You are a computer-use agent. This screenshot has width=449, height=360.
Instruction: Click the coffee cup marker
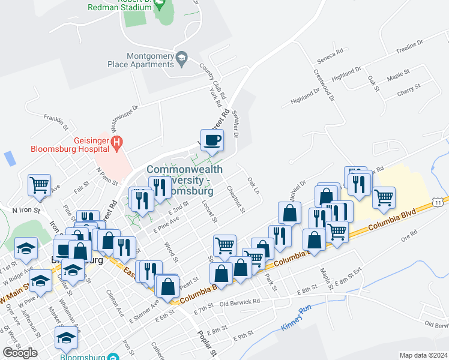click(212, 141)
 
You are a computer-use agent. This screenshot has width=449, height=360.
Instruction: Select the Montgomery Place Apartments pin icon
click(181, 57)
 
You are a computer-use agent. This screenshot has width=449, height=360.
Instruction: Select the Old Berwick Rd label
click(240, 302)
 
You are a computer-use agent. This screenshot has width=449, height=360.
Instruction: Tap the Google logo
click(20, 352)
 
